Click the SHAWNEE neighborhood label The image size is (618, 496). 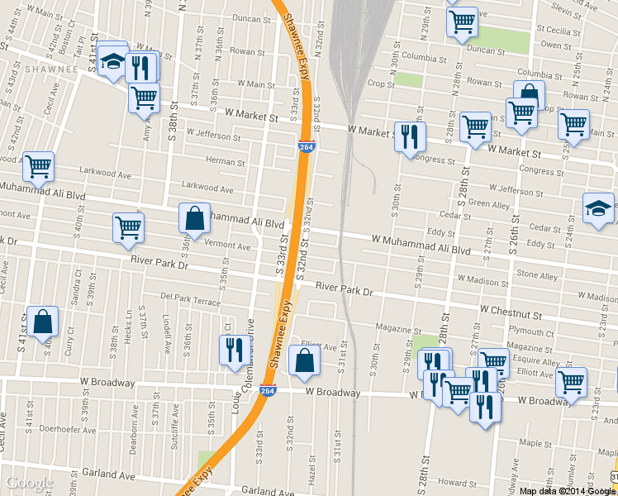50,69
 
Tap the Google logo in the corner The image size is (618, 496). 30,484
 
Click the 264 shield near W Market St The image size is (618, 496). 306,146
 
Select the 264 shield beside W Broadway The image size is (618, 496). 267,390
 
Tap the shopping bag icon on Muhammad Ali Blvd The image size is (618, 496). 194,219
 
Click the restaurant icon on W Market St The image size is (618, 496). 410,137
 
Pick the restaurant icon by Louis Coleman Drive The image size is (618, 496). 232,350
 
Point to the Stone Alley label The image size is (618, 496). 537,274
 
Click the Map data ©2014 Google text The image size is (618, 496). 568,491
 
